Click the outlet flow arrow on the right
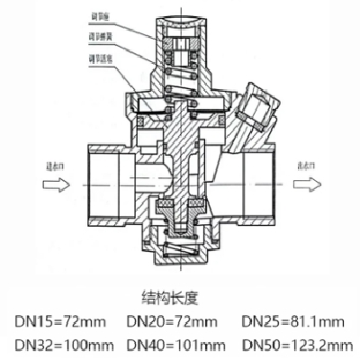pos(307,185)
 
